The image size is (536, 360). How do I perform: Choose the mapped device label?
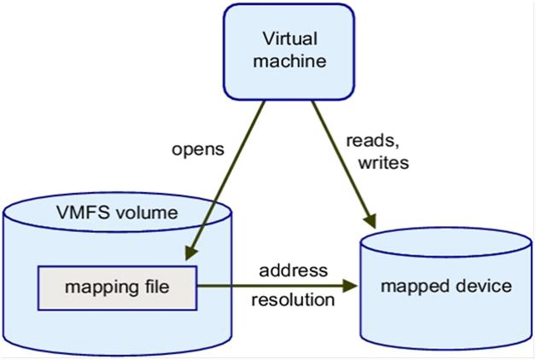446,286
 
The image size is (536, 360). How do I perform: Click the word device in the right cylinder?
483,286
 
